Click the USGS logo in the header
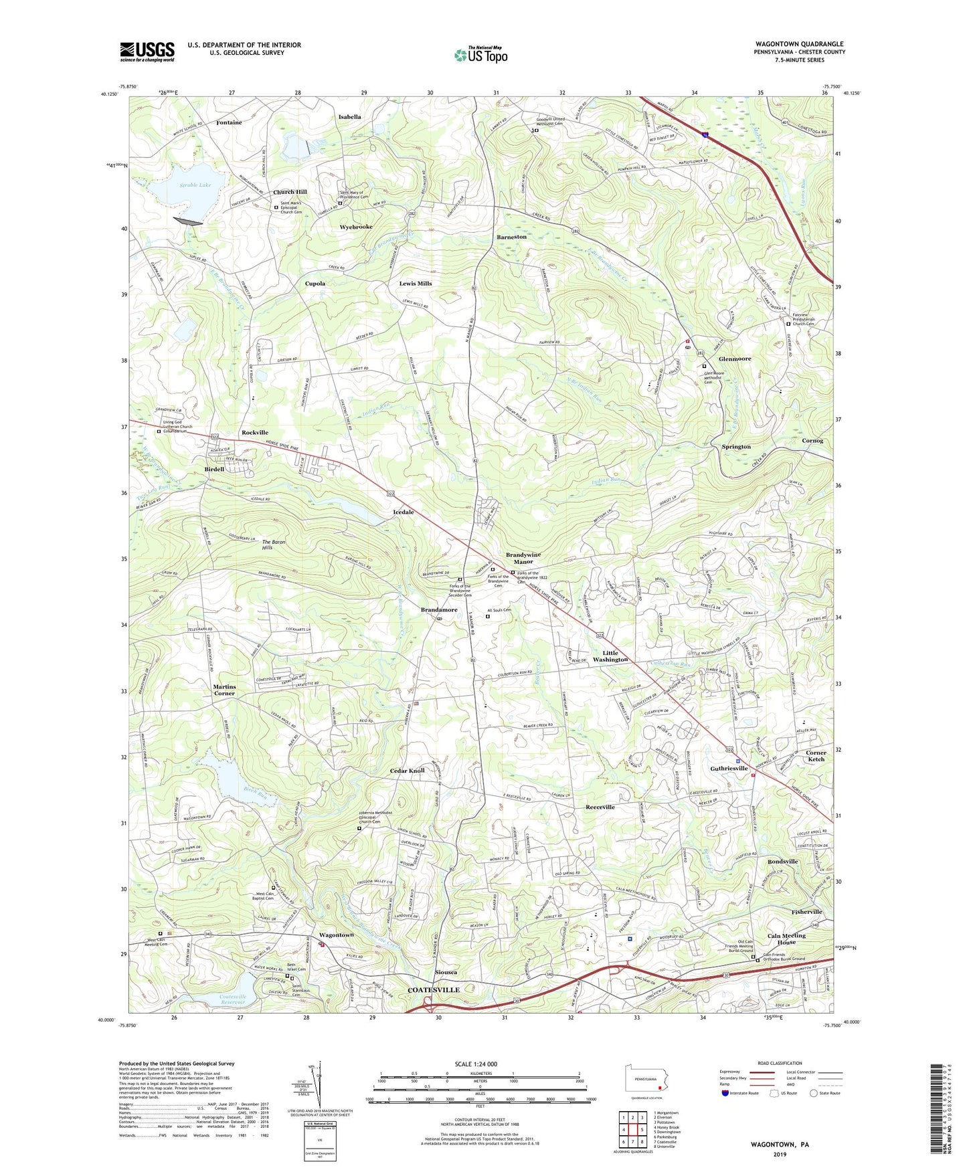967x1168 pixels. tap(147, 51)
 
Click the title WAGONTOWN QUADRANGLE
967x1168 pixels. tap(799, 43)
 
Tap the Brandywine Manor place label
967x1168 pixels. tap(523, 559)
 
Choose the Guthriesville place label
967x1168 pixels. tap(728, 769)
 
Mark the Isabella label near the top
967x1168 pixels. tap(349, 116)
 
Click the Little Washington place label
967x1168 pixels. tap(610, 656)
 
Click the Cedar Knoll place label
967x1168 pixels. tap(407, 771)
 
